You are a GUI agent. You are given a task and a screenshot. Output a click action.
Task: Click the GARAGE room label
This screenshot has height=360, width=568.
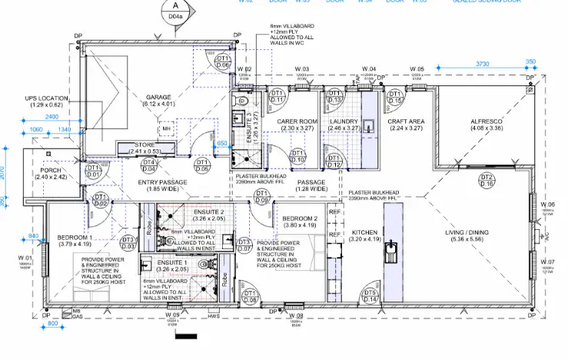click(158, 98)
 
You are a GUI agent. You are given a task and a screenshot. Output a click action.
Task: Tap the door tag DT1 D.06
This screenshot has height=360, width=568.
click(223, 62)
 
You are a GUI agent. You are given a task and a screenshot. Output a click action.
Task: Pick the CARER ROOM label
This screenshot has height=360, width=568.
click(297, 122)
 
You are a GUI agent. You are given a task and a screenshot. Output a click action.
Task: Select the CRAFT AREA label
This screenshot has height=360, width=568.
click(407, 122)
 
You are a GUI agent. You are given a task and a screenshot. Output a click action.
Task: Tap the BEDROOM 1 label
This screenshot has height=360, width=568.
click(75, 238)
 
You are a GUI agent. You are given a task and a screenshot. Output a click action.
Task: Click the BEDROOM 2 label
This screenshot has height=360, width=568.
click(299, 218)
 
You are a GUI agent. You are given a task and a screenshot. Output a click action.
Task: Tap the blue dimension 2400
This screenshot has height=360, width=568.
click(51, 116)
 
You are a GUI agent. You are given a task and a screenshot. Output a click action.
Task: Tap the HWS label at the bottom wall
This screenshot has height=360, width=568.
click(214, 315)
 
